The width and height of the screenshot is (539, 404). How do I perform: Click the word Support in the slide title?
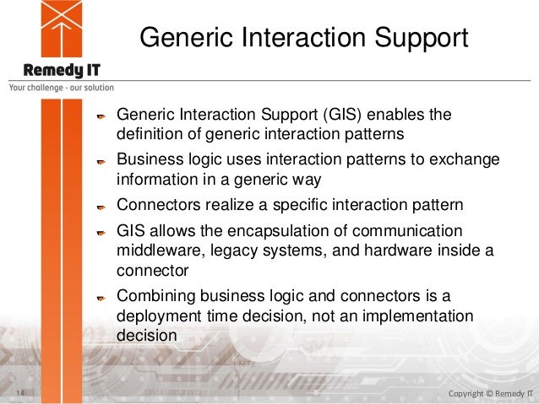[421, 39]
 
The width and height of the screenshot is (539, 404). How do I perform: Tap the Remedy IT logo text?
[62, 70]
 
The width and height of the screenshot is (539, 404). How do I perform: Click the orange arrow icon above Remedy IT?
[62, 29]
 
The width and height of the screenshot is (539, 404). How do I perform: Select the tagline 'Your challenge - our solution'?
[62, 88]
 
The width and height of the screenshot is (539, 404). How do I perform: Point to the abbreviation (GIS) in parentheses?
[342, 115]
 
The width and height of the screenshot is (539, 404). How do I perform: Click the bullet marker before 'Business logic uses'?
[101, 162]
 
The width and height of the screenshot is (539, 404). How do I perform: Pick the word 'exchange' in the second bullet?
[465, 160]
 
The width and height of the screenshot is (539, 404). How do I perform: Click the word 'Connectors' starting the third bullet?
[159, 205]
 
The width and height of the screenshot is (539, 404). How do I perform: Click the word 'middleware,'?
[161, 250]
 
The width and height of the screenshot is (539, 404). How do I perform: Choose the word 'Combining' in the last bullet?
[156, 297]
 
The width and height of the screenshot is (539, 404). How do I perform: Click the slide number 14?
[20, 392]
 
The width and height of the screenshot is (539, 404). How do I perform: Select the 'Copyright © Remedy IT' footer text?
[491, 393]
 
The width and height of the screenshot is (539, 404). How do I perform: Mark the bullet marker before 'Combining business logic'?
[101, 298]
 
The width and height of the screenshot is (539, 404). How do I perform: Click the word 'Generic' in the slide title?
[188, 37]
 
